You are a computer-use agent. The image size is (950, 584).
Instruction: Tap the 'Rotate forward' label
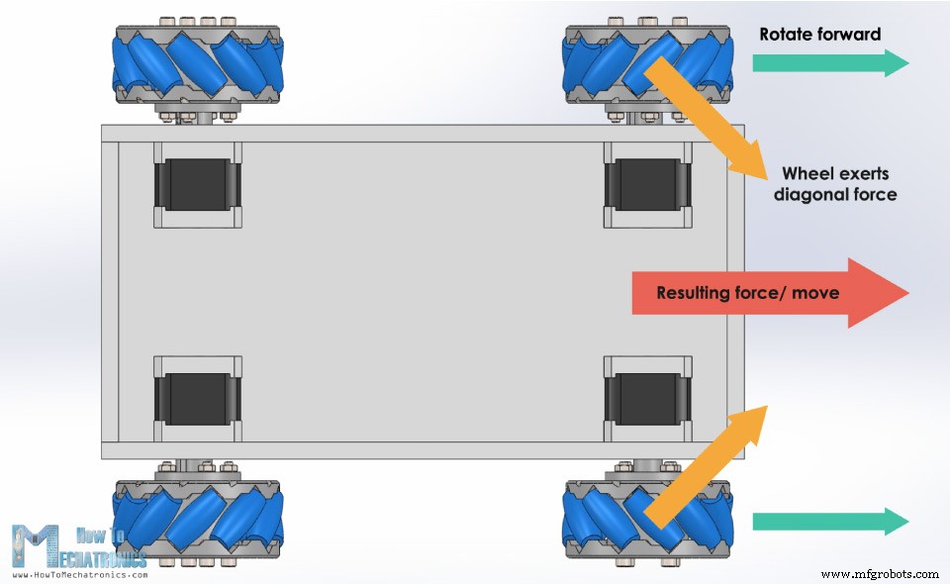[819, 35]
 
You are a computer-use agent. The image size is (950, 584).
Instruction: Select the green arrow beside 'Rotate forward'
[829, 63]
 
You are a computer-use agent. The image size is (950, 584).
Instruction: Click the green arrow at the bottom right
[829, 521]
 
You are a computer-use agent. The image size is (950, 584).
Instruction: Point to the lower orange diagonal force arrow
[704, 465]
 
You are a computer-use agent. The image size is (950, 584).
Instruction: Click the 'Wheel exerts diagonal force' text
[834, 184]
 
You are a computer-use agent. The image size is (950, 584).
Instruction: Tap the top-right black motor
[646, 184]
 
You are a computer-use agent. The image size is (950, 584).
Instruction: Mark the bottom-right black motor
[646, 398]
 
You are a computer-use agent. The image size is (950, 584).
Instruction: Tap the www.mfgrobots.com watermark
[879, 574]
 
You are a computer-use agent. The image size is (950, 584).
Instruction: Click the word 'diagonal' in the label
[808, 195]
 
